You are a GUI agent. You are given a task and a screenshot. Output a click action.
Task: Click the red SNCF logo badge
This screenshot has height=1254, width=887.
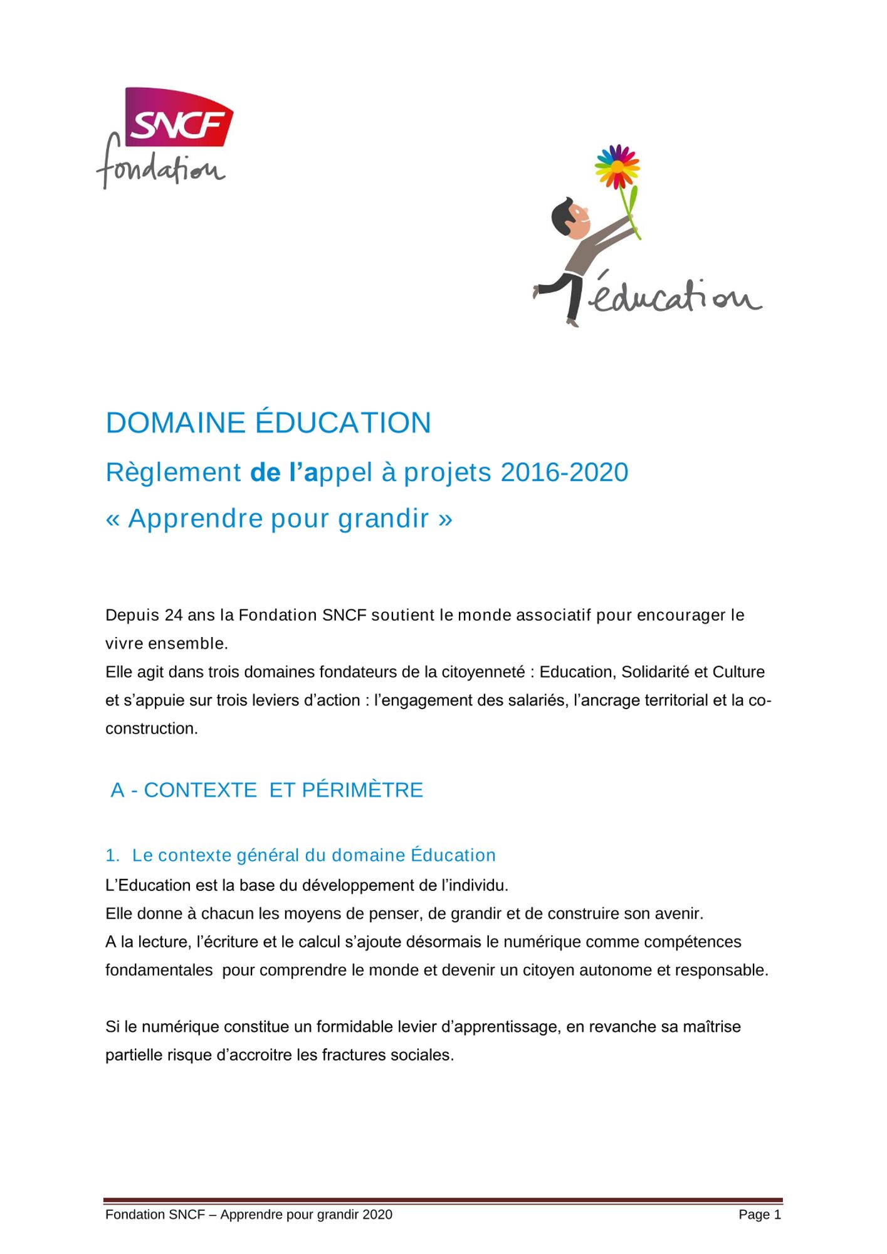point(179,116)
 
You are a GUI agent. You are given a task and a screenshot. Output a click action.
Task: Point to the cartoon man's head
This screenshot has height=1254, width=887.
point(570,217)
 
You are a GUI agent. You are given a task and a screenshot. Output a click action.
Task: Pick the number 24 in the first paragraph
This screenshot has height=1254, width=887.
point(174,615)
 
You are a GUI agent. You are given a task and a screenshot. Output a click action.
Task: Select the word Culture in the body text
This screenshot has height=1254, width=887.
point(738,672)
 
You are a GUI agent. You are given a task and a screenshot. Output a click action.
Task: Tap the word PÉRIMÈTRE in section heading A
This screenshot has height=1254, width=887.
point(362,790)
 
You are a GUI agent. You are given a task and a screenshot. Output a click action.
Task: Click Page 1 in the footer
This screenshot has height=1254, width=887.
point(760,1214)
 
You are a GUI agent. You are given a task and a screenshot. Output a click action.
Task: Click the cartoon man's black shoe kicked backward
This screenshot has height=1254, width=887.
point(538,291)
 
